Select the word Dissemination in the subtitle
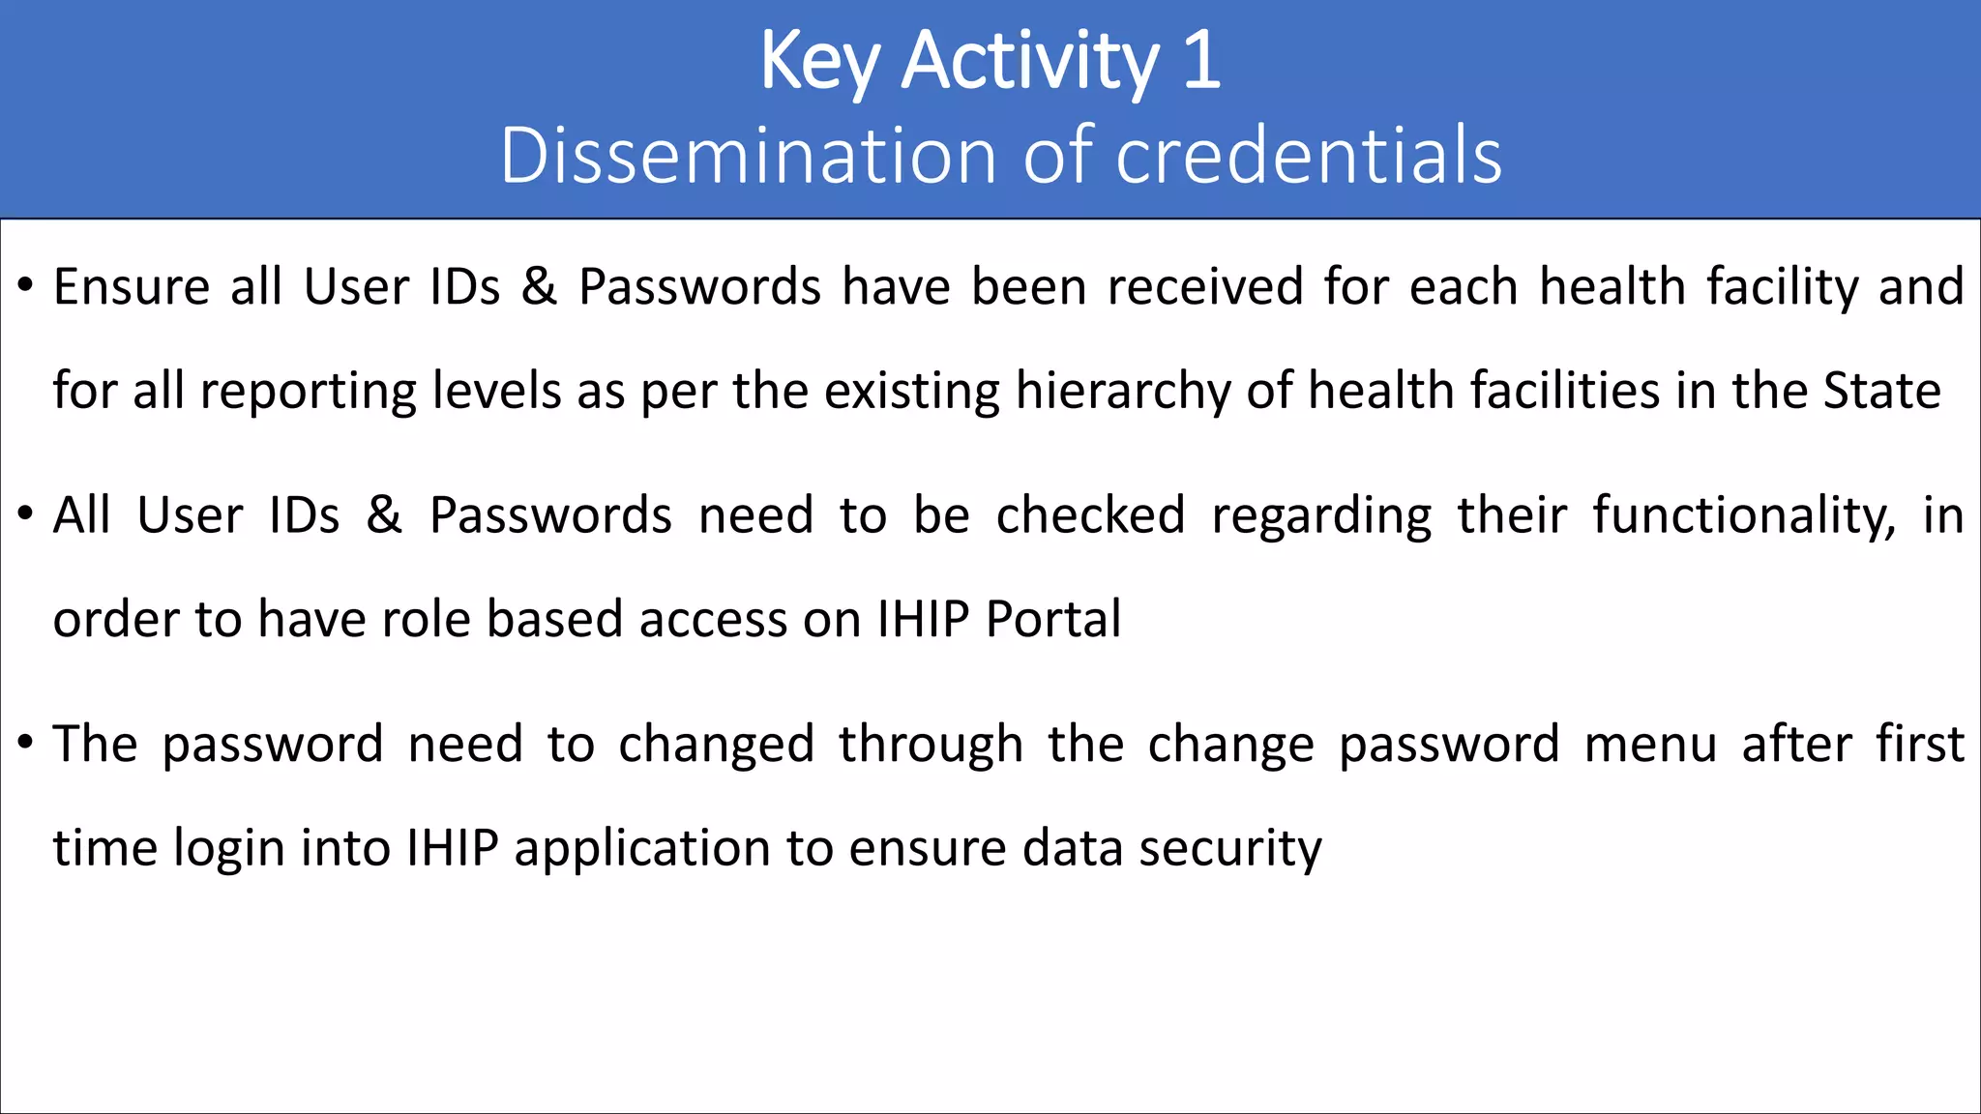(748, 156)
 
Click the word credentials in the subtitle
(1309, 156)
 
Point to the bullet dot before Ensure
(26, 285)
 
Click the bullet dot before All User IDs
(26, 513)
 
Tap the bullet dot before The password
(26, 743)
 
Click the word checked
(1090, 515)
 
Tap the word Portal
(1053, 619)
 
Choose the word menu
(1650, 745)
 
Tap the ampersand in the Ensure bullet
(540, 287)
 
